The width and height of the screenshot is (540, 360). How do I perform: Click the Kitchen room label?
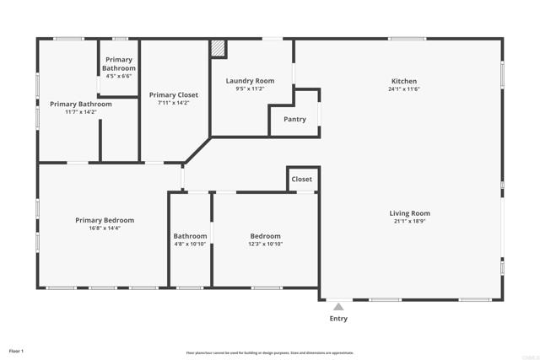404,82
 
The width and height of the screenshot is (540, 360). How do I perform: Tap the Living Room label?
409,213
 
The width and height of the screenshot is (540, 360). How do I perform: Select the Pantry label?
294,120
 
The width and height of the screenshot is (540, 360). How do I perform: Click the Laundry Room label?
250,81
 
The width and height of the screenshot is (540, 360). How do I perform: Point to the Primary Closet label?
174,95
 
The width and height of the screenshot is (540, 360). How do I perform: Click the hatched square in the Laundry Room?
219,49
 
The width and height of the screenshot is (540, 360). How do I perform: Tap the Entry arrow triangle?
337,307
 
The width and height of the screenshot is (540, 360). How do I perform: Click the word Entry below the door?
337,319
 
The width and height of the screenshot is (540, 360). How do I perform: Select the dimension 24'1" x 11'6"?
404,89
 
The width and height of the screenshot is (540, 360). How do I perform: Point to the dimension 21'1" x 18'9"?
409,222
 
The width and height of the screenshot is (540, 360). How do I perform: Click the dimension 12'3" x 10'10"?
265,244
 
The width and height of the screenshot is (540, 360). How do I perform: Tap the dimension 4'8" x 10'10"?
190,244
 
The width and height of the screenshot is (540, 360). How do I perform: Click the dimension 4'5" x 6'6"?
119,76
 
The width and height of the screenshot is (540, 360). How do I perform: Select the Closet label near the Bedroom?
301,180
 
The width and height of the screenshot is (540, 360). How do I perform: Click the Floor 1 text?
17,351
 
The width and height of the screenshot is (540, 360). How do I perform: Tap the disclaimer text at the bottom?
270,353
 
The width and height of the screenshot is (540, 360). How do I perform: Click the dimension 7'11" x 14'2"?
174,104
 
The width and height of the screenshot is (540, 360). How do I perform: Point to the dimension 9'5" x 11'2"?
250,89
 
